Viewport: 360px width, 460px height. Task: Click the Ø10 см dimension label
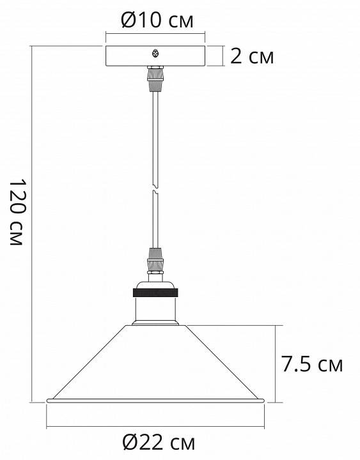[157, 21]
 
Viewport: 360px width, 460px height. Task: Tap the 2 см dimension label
[251, 57]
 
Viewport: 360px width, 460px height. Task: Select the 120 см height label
[17, 214]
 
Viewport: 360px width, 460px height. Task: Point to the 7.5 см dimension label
[312, 365]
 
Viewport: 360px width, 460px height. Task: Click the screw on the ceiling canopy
[154, 54]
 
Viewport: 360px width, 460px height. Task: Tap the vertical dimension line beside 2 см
[222, 56]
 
